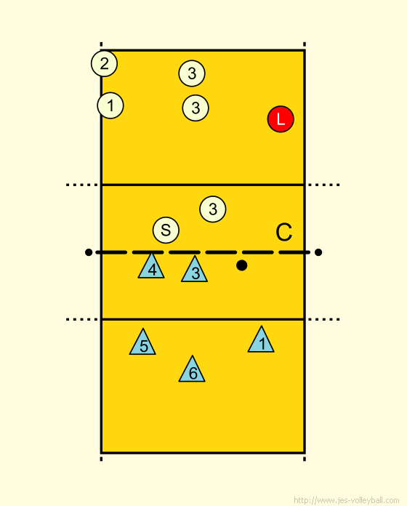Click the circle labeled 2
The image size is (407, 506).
[x=104, y=63]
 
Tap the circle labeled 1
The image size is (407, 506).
[x=110, y=105]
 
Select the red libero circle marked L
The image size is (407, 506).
[x=281, y=119]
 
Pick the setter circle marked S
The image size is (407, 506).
[x=166, y=230]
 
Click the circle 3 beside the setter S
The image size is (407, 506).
[x=213, y=209]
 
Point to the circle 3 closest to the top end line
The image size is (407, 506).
[x=192, y=73]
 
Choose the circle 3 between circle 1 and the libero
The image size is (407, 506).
[x=196, y=108]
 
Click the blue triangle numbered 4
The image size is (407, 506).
[x=151, y=268]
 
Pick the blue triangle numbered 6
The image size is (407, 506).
[x=192, y=371]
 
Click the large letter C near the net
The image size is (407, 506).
[x=284, y=232]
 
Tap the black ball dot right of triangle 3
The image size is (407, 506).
[x=242, y=265]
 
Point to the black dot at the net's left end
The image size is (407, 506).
[x=89, y=252]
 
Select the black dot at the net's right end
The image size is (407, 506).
[x=318, y=252]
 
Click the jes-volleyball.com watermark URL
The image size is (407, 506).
[x=347, y=500]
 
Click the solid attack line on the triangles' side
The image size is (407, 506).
[x=203, y=319]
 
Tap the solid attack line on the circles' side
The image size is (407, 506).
[x=203, y=185]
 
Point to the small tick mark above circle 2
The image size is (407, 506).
[x=101, y=44]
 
